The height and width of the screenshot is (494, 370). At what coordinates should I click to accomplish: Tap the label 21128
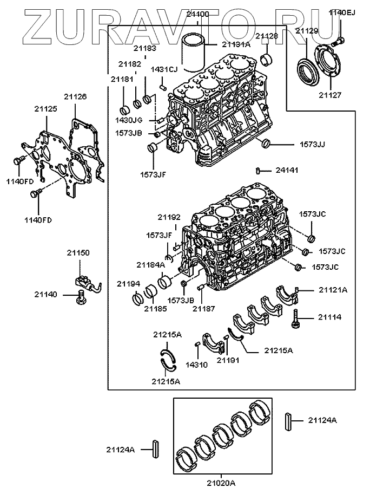[267, 36]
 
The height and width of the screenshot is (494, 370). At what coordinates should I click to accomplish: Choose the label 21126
[75, 96]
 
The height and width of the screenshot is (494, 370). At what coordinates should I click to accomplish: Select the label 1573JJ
[313, 145]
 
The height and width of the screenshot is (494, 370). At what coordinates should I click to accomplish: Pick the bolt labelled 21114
[295, 318]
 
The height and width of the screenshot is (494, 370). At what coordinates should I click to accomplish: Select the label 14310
[196, 365]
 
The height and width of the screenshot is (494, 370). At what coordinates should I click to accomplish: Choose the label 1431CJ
[164, 69]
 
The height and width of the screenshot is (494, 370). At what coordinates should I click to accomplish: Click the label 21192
[169, 217]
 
